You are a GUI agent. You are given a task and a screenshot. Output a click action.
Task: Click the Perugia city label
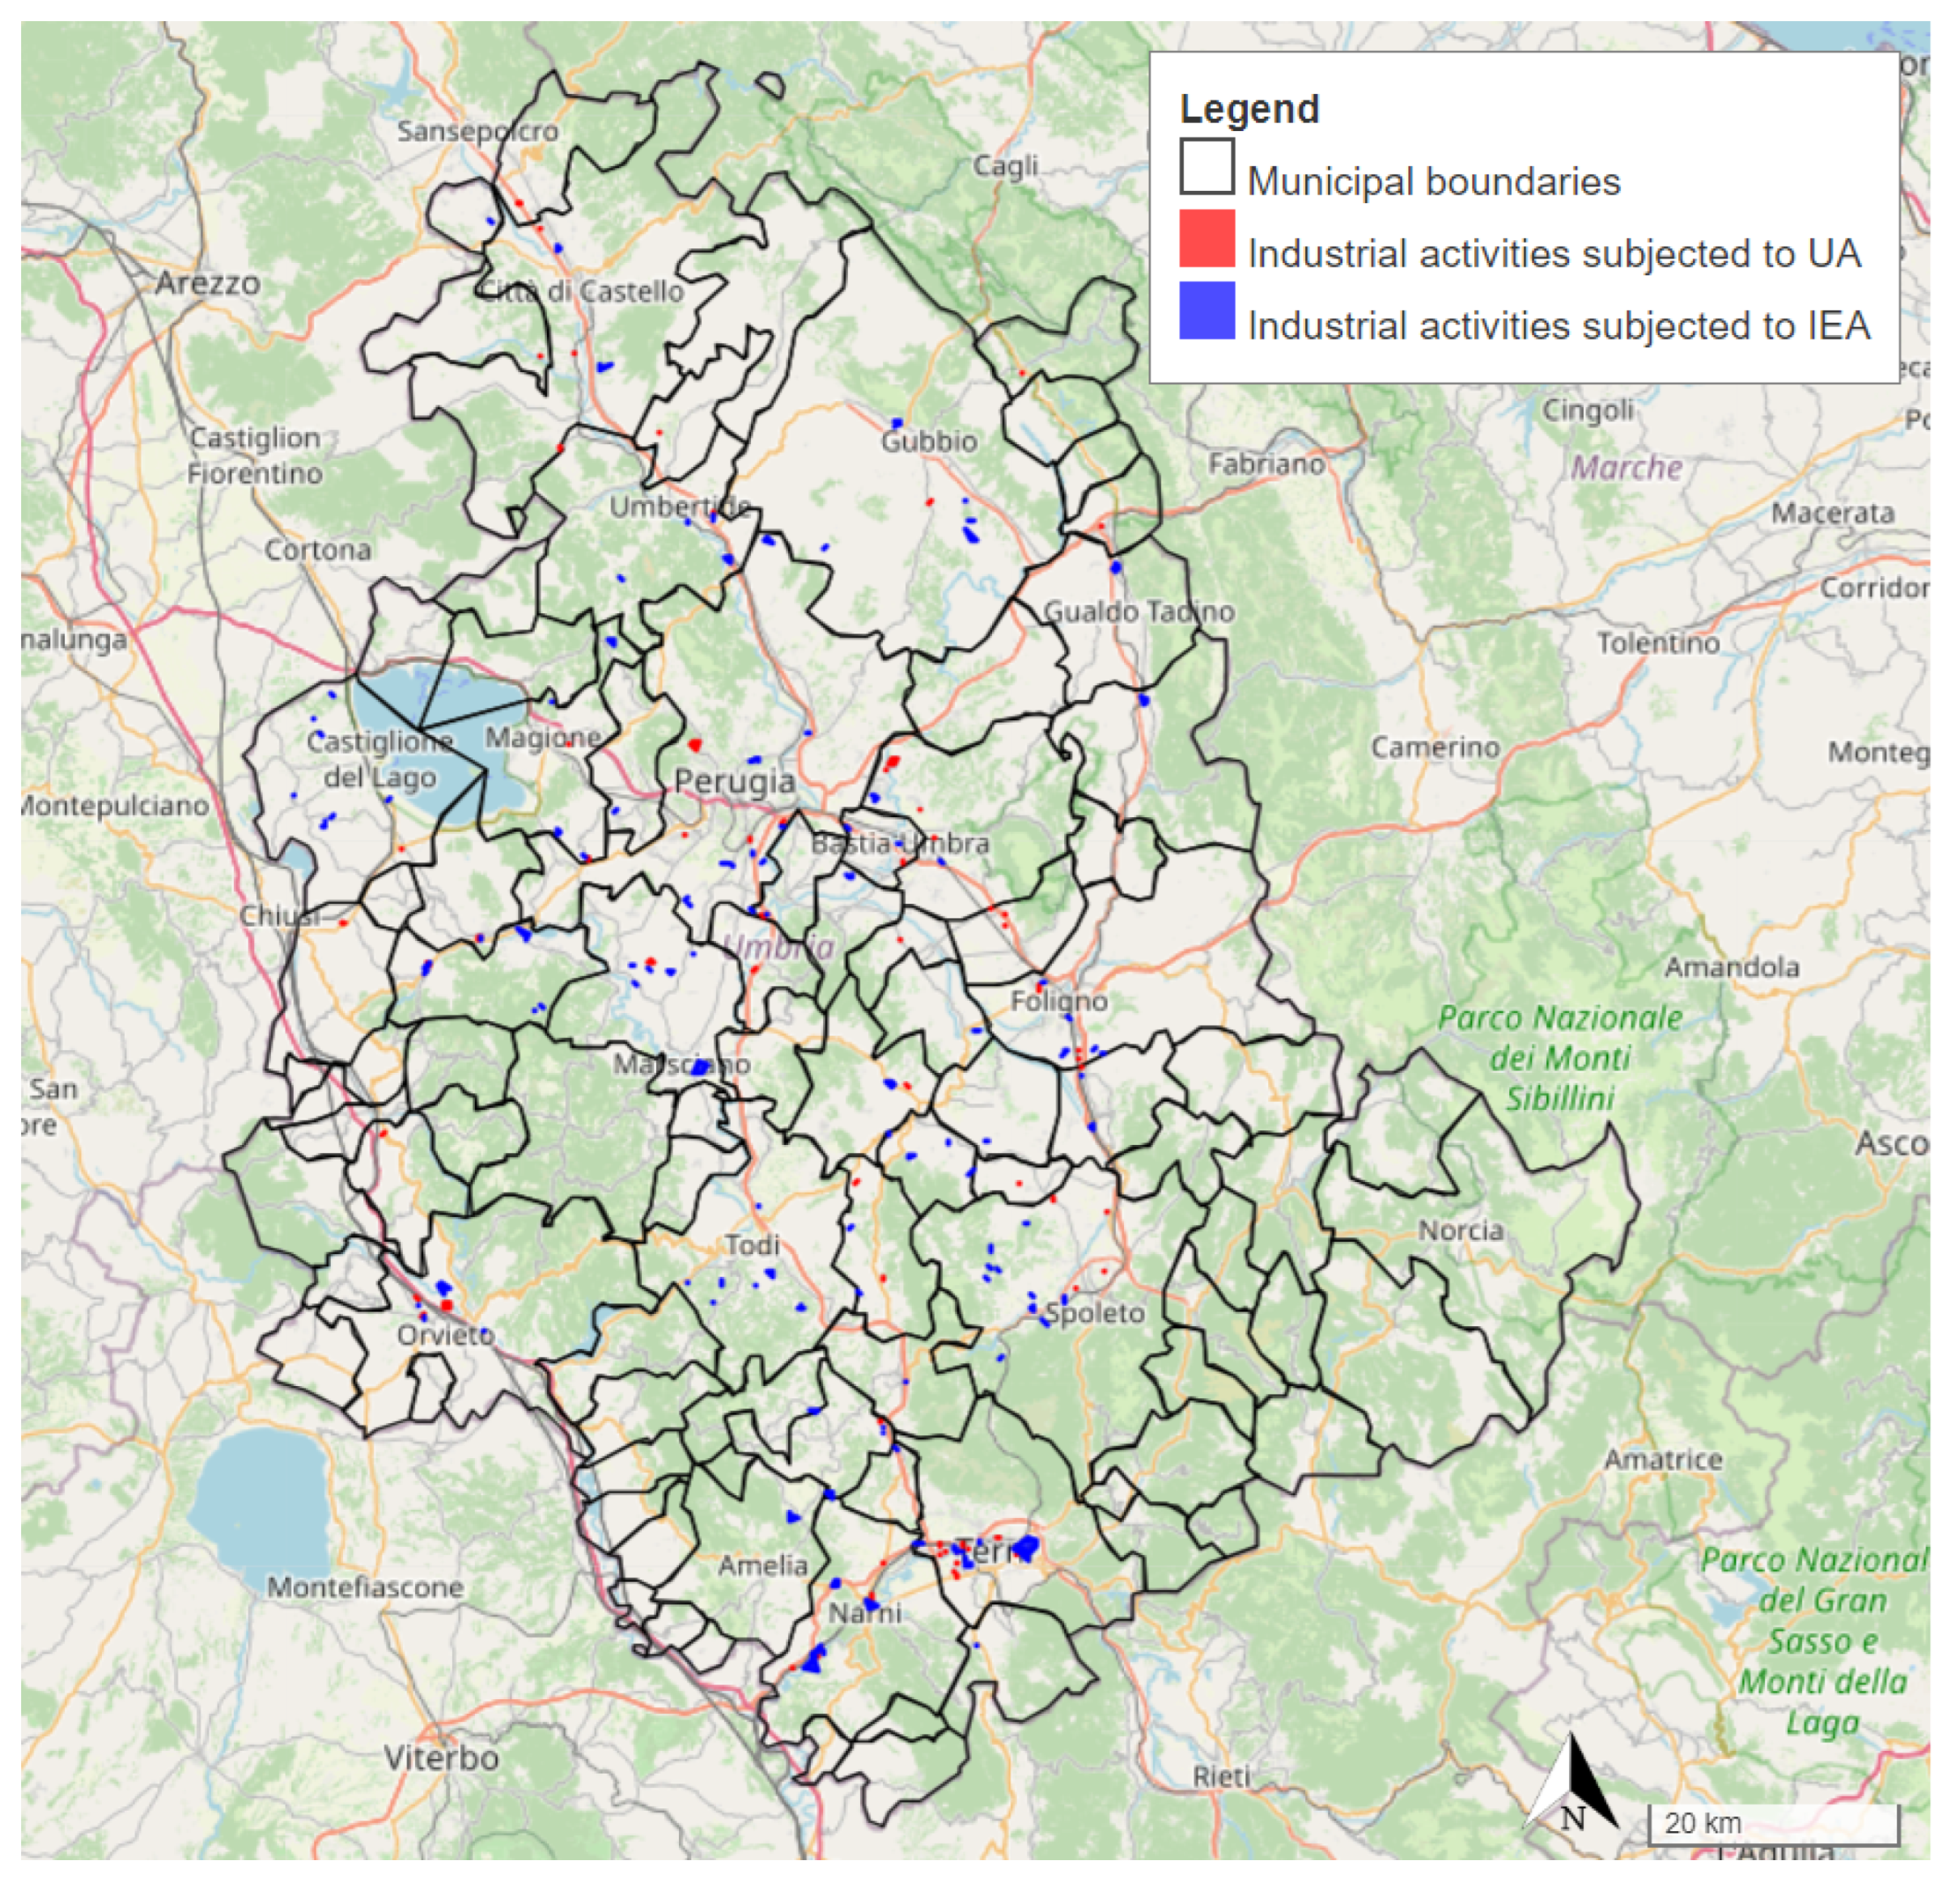(734, 781)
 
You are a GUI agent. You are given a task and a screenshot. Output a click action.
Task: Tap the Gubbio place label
(929, 441)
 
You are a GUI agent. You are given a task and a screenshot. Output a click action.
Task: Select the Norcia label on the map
(1461, 1230)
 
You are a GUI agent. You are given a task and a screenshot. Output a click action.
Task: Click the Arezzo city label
(207, 283)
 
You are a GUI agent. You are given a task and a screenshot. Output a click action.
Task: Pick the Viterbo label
(441, 1757)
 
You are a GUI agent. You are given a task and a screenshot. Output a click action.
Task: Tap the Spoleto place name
(1094, 1312)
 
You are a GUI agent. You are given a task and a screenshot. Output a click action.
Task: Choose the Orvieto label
(445, 1334)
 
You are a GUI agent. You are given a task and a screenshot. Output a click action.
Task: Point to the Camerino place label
(1435, 747)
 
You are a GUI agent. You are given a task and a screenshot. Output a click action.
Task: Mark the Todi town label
(752, 1244)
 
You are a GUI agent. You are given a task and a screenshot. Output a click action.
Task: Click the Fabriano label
(1266, 464)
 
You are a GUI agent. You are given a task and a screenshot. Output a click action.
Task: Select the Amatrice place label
(1663, 1459)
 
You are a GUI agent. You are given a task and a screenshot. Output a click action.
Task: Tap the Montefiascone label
(365, 1587)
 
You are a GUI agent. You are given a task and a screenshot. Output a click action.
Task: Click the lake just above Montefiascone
(261, 1496)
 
